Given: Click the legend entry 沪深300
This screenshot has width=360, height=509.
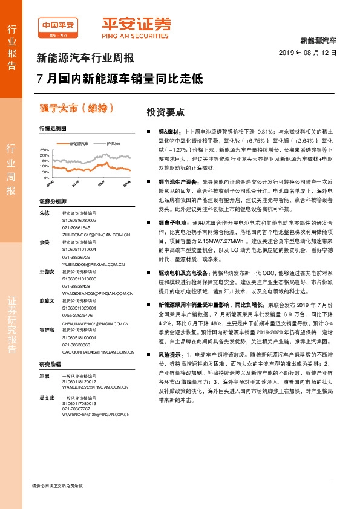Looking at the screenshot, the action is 114,143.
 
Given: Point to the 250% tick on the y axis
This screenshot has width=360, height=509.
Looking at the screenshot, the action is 44,149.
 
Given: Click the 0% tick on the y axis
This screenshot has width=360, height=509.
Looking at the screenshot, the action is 47,178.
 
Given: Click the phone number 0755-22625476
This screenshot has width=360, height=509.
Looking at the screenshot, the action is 77,315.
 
